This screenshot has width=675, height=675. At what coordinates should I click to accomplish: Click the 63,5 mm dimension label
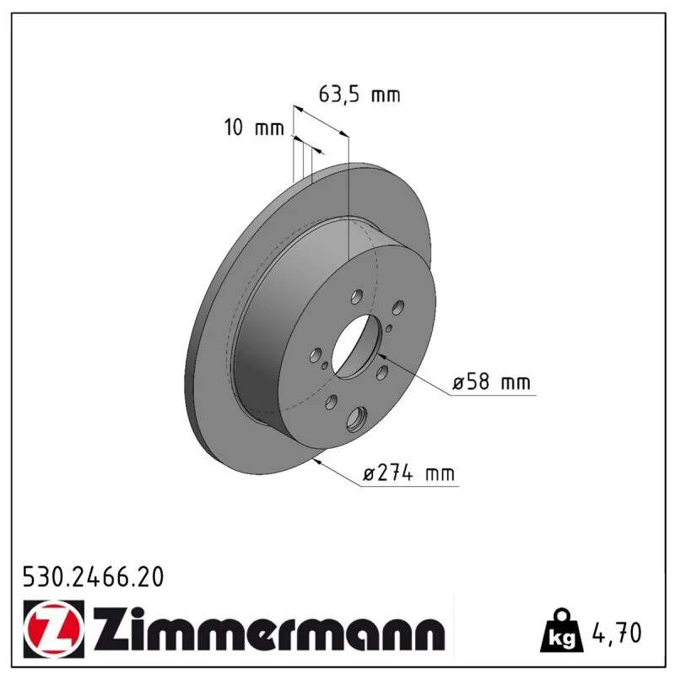[x=359, y=94]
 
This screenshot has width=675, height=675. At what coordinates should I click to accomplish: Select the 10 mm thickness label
[x=254, y=127]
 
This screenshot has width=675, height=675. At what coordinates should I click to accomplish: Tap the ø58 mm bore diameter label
[x=491, y=382]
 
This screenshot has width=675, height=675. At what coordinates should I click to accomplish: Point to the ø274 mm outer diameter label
[x=408, y=473]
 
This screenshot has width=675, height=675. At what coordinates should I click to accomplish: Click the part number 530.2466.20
[x=94, y=577]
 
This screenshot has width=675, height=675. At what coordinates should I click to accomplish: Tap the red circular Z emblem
[x=54, y=629]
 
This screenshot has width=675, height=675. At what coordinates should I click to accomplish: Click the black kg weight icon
[x=562, y=630]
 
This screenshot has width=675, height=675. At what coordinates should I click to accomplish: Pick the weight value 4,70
[x=618, y=632]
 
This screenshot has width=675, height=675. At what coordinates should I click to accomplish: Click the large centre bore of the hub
[x=357, y=347]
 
